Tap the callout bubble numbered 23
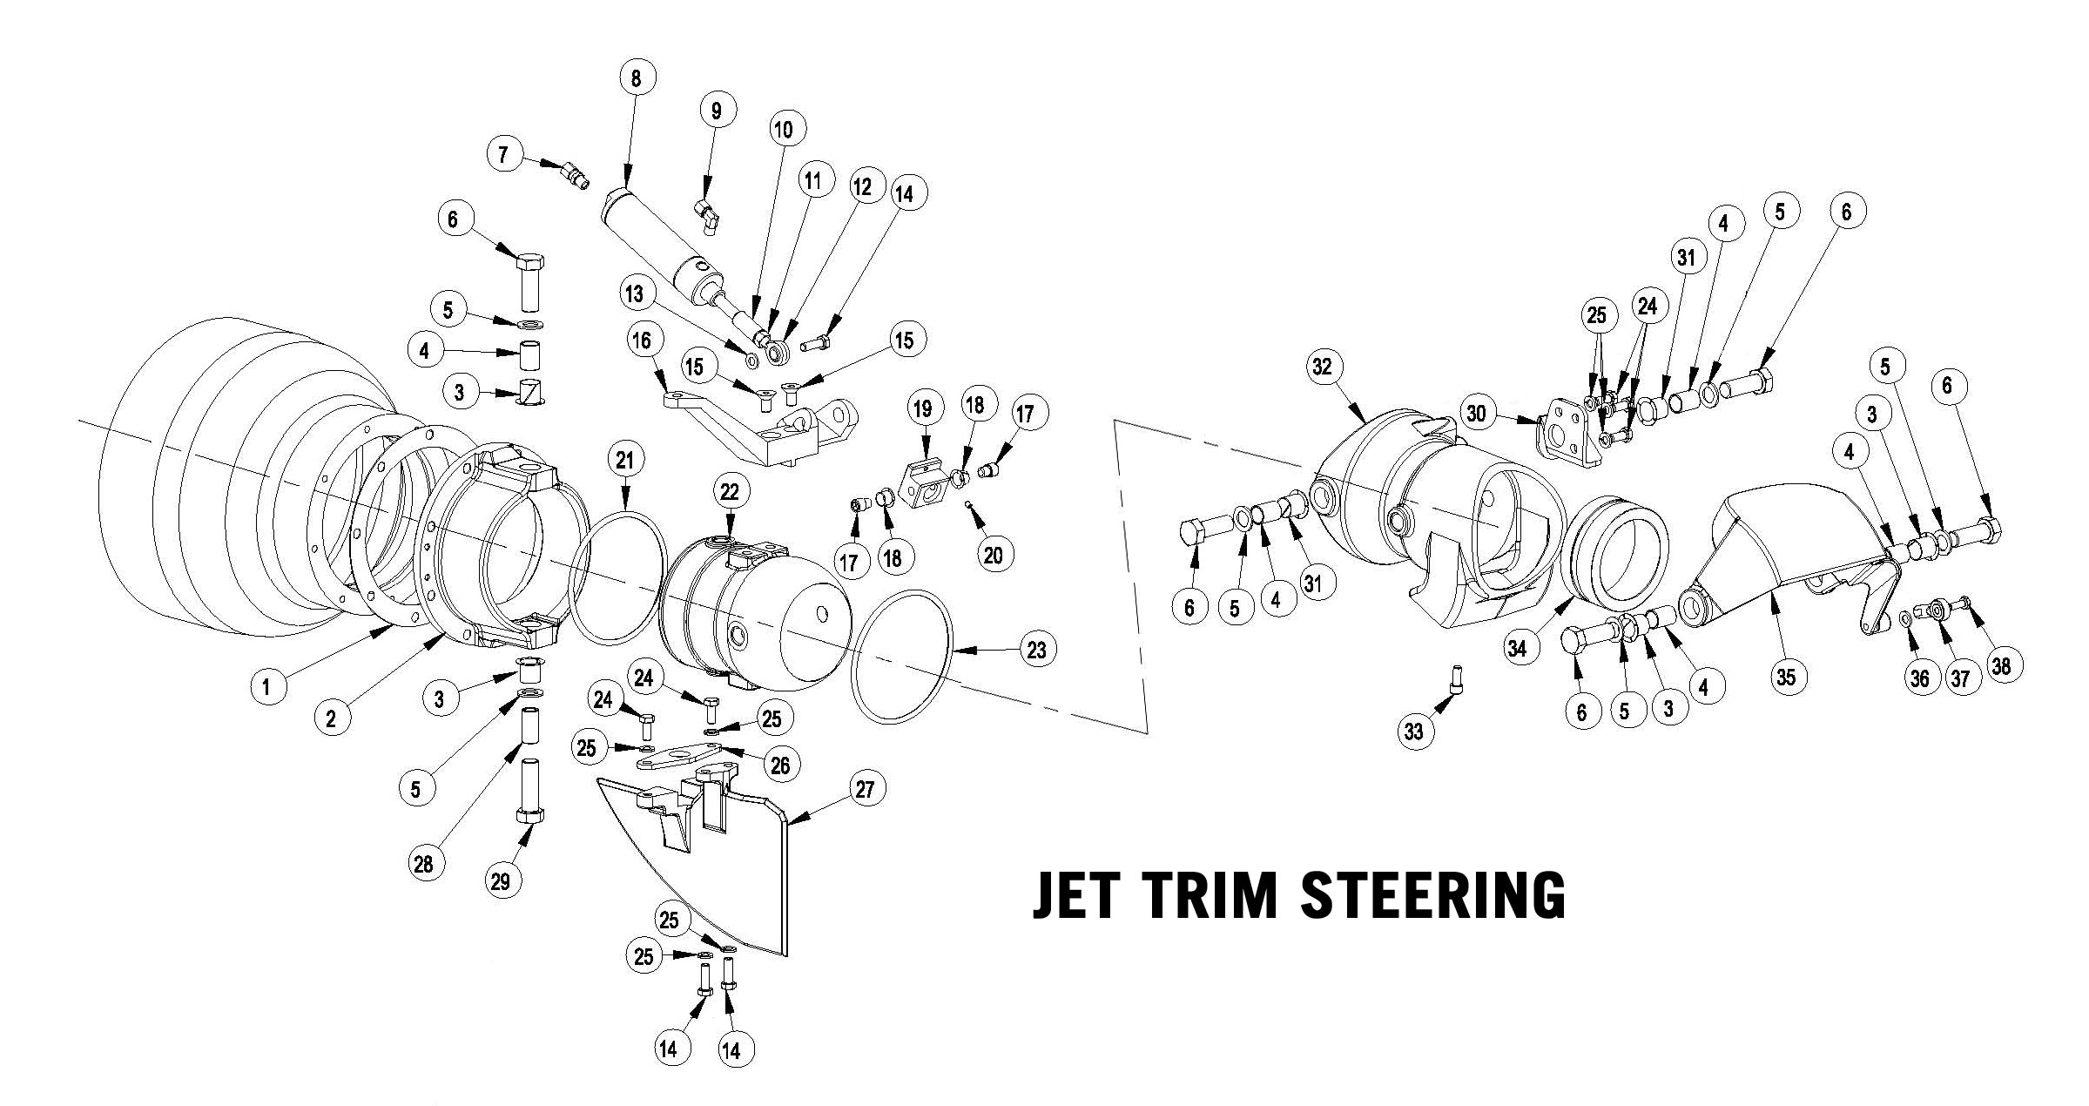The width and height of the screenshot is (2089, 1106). [x=1035, y=649]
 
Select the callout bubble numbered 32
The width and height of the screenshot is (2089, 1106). [x=1322, y=368]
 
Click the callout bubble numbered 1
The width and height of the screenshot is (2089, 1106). [x=266, y=687]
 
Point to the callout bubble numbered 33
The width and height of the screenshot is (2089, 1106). [x=1414, y=731]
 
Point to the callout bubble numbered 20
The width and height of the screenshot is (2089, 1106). [x=994, y=556]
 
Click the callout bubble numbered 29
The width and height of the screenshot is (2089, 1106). [x=500, y=881]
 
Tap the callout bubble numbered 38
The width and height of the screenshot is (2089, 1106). [x=2001, y=666]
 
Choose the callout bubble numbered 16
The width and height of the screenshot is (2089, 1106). [x=642, y=340]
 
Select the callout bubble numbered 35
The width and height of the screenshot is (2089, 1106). [x=1786, y=677]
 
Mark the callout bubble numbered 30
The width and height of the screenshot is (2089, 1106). [x=1476, y=415]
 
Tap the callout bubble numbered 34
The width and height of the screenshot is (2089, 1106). [x=1518, y=649]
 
